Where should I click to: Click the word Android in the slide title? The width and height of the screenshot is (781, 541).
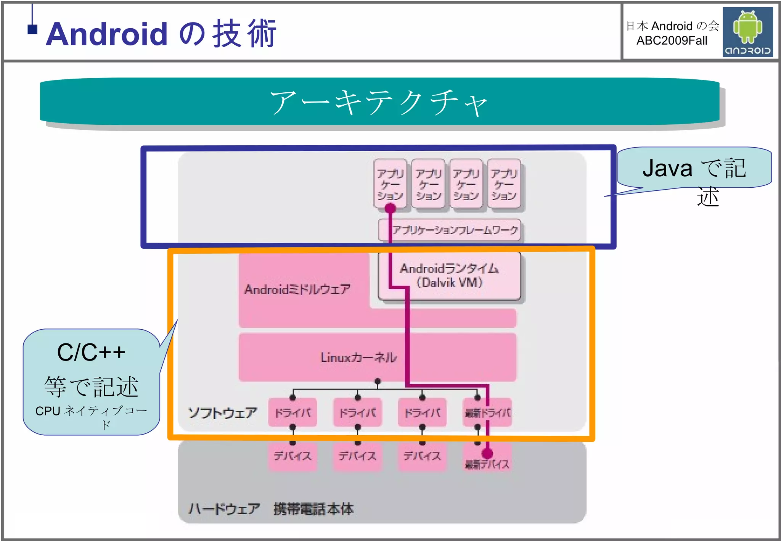[107, 34]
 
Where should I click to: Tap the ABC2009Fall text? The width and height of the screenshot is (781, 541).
[672, 40]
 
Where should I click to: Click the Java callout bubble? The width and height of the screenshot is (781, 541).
[694, 168]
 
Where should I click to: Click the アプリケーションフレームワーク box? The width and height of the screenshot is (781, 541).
[450, 230]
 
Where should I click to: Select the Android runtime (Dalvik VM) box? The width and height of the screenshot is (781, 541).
[449, 275]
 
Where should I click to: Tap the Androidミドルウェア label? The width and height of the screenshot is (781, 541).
[297, 289]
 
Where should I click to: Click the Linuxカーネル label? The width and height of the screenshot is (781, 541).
[358, 357]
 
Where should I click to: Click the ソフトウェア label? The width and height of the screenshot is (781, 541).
[223, 413]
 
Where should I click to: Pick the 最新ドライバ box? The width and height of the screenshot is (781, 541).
[487, 412]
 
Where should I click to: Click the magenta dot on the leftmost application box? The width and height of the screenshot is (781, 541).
[390, 208]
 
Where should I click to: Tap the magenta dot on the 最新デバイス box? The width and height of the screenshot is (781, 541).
[487, 453]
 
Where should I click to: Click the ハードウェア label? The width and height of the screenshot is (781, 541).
[224, 509]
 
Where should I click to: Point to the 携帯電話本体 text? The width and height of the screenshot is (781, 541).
[313, 509]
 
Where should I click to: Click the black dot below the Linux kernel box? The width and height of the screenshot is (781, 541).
[378, 381]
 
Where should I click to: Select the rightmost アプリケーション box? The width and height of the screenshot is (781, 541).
[504, 185]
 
